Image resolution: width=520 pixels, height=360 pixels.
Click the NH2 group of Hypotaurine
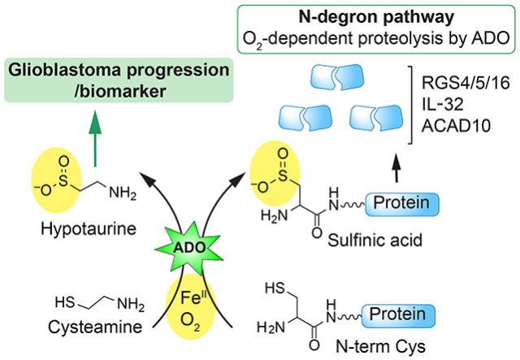coord(125,193)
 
